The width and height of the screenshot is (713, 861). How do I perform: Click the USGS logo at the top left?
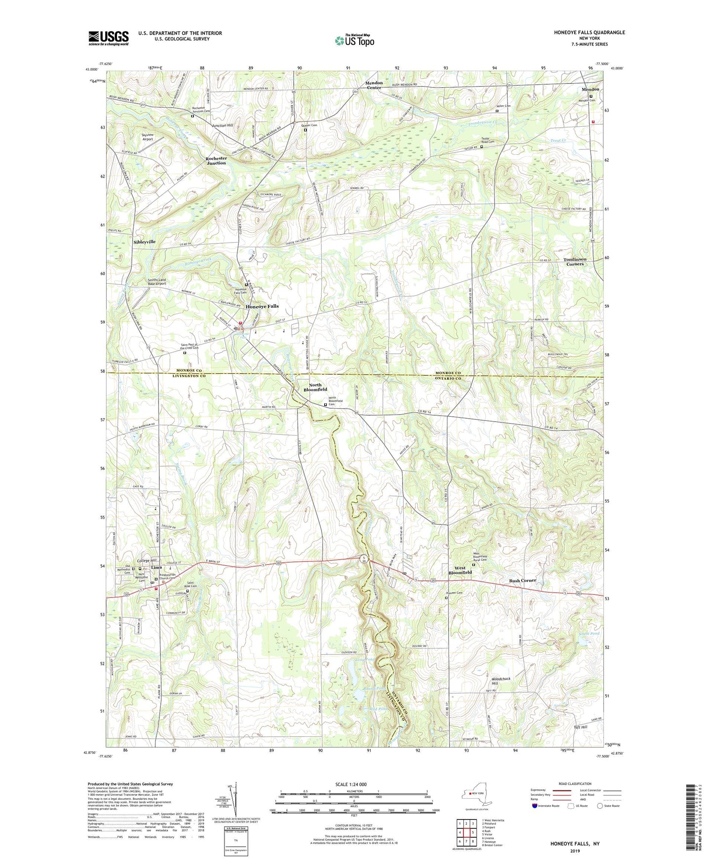click(109, 38)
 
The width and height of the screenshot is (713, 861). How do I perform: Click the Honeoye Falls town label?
click(262, 306)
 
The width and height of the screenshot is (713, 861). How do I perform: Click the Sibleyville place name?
click(144, 242)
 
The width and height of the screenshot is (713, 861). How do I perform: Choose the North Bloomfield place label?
click(315, 387)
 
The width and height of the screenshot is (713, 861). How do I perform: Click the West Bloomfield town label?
click(460, 570)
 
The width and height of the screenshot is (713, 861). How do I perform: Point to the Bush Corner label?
click(522, 580)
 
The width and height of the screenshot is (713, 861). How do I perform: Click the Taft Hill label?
click(580, 727)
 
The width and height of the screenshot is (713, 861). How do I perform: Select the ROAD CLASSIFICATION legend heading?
click(575, 784)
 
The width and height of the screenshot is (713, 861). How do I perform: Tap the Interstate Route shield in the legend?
click(535, 806)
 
